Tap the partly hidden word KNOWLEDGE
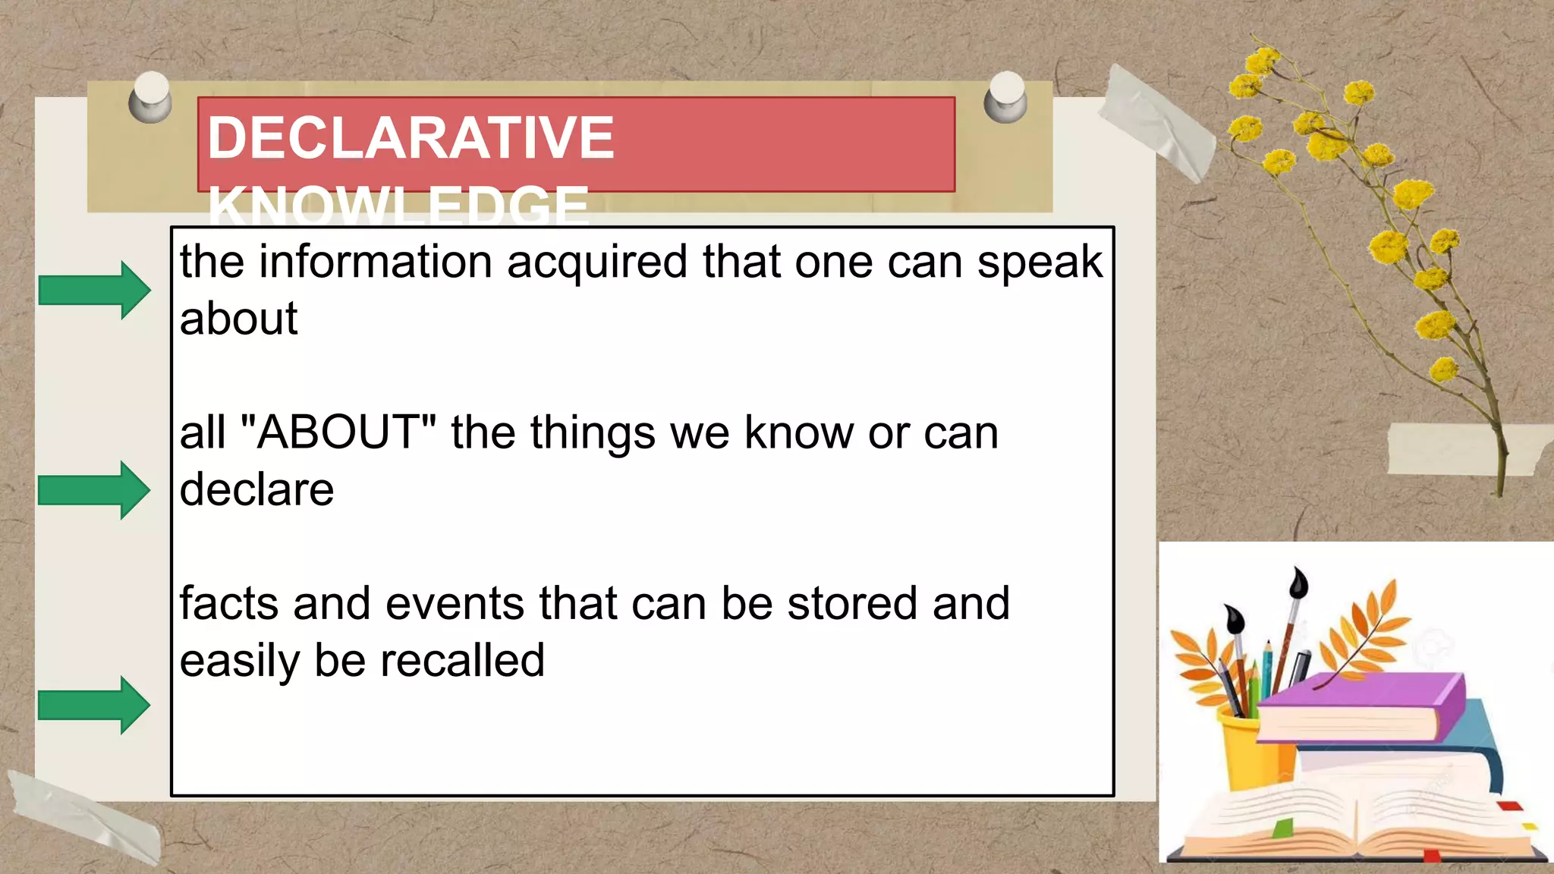(398, 206)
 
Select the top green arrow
(94, 290)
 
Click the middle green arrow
(94, 490)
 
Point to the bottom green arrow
(94, 705)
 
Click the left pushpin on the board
(150, 97)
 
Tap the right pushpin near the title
(1006, 97)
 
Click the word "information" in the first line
(375, 263)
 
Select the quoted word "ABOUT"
(338, 432)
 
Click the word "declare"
(256, 489)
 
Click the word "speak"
(1039, 263)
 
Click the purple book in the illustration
(1358, 706)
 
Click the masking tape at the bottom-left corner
(83, 816)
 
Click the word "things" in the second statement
(592, 433)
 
